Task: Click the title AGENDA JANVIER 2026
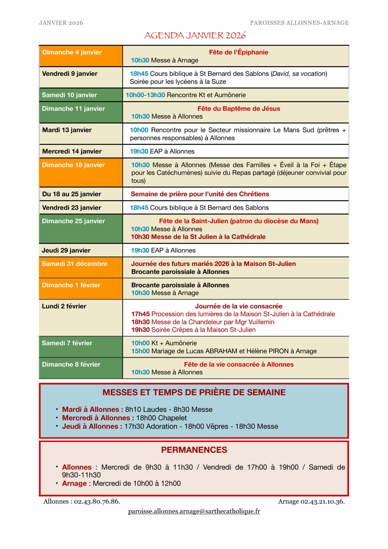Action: [195, 35]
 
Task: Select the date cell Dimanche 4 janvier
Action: [72, 52]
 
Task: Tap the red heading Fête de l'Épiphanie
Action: [238, 52]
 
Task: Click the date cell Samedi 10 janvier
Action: [69, 95]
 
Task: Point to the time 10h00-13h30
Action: [145, 95]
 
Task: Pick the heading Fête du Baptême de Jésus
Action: [239, 109]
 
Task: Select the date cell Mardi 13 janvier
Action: [67, 130]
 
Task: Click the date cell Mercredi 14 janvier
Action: [72, 151]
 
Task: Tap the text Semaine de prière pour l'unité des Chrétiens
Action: [200, 194]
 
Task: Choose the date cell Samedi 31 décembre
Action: [74, 264]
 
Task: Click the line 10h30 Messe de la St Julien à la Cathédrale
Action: [198, 237]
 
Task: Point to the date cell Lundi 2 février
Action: [64, 306]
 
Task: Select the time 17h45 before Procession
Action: [140, 314]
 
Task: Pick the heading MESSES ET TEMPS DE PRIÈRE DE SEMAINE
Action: [194, 392]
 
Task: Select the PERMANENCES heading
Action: [194, 450]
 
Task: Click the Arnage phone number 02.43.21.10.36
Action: [322, 501]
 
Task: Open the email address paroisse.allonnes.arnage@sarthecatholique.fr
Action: [194, 511]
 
